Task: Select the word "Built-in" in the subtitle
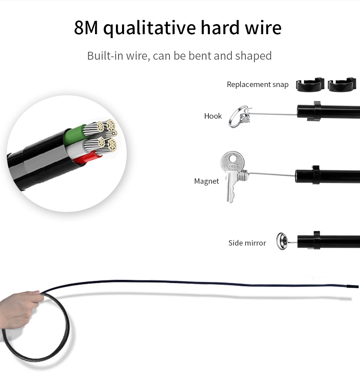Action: (104, 56)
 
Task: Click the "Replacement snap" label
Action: (257, 84)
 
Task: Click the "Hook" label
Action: (213, 116)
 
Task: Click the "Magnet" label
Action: (206, 181)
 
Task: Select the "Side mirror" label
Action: (247, 243)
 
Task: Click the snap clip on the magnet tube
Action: (316, 175)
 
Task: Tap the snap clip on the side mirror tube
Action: (316, 241)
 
